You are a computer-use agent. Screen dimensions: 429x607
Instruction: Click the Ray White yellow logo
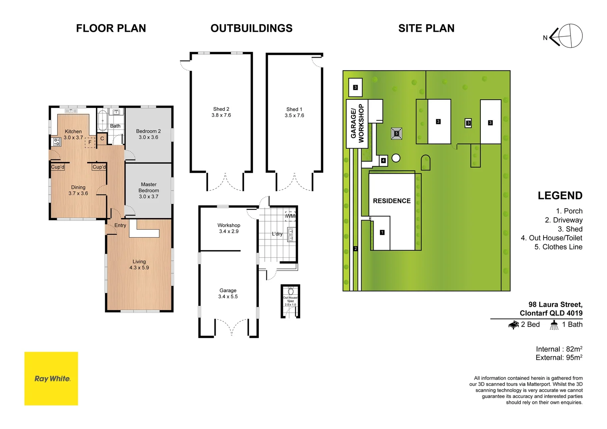coord(51,378)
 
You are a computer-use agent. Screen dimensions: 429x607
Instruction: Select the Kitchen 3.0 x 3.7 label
coord(73,134)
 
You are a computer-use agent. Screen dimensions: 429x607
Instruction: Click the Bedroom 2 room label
coord(148,134)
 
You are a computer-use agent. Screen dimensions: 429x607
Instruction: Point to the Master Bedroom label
coord(149,190)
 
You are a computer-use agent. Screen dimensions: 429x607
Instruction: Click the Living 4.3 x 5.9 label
coord(139,265)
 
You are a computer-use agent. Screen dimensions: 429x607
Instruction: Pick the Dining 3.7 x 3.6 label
coord(78,190)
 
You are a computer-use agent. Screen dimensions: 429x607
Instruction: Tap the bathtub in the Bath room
coord(102,119)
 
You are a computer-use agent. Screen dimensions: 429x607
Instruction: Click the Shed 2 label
coord(221,112)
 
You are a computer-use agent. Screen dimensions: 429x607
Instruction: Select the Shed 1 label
coord(294,112)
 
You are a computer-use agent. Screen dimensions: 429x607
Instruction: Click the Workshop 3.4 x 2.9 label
coord(229,228)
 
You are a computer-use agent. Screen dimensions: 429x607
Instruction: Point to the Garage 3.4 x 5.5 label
coord(228,294)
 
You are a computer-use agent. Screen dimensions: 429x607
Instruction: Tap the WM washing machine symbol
coord(290,216)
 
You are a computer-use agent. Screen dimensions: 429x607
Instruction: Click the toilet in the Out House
coord(291,291)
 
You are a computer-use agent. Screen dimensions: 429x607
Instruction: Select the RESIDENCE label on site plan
coord(392,201)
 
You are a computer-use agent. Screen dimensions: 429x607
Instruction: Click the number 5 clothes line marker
coord(396,133)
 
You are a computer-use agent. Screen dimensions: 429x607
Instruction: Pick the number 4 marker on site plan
coord(383,160)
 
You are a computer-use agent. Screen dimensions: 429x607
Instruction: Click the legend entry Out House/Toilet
coord(551,238)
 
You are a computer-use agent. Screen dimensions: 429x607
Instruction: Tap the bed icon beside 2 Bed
coord(514,325)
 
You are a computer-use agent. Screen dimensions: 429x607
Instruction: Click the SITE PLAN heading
coord(426,29)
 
